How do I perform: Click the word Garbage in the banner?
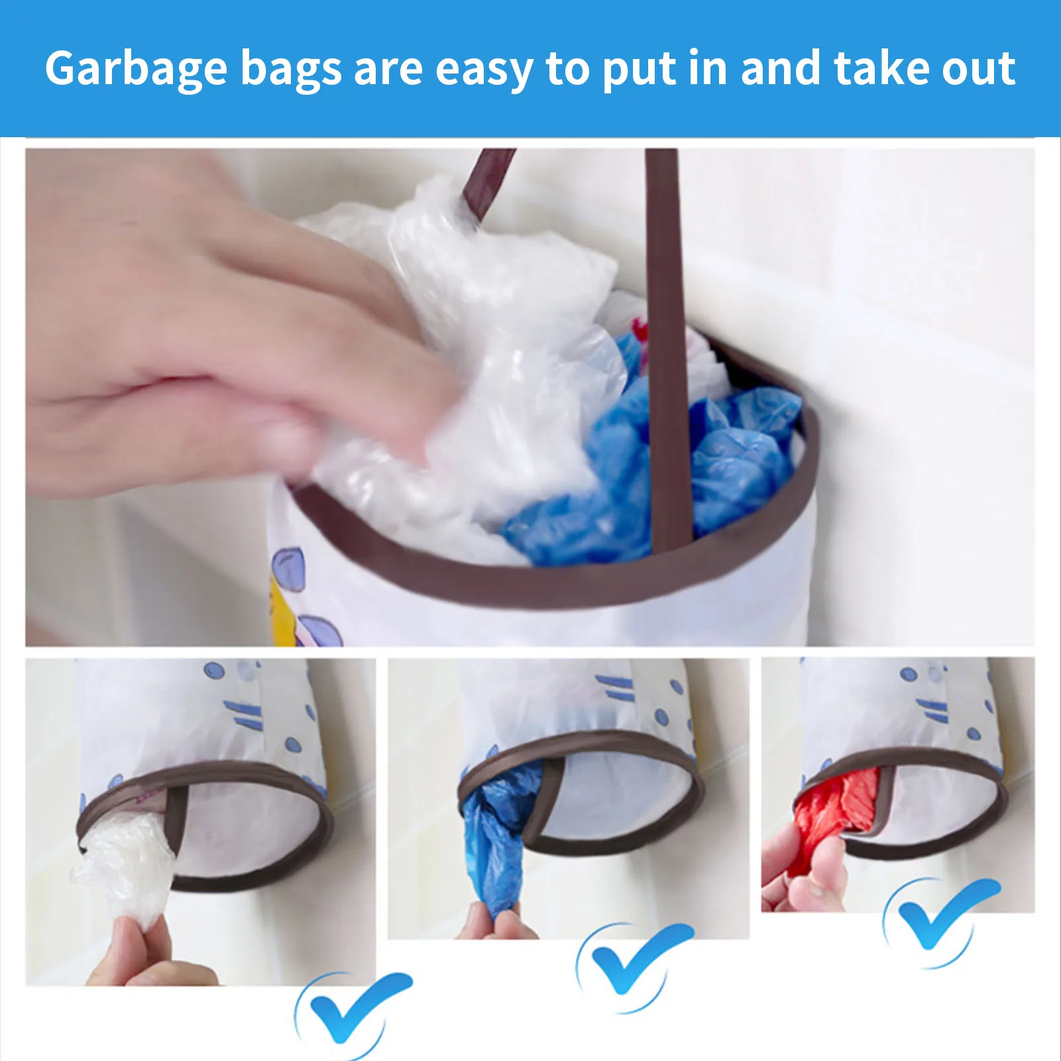tap(136, 69)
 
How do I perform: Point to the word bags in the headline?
tap(290, 69)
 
